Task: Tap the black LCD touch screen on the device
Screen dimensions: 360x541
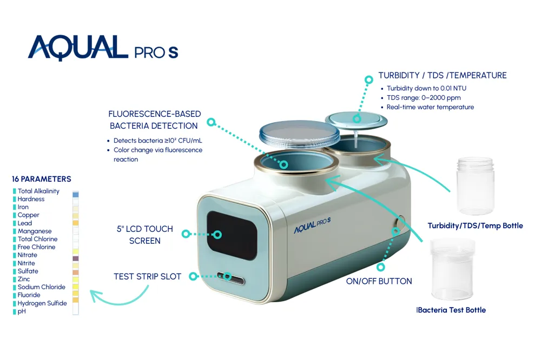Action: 232,235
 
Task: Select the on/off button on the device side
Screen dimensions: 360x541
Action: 399,223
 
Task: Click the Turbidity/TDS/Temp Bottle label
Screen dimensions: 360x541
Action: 475,226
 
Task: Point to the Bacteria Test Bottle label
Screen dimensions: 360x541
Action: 451,310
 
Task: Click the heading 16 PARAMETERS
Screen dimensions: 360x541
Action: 42,179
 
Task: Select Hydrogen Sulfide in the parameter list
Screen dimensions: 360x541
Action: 42,303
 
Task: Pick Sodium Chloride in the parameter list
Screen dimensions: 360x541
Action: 41,287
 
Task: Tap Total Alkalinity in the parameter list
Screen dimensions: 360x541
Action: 38,191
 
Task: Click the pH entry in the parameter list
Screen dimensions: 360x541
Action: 22,311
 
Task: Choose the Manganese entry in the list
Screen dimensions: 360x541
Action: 35,231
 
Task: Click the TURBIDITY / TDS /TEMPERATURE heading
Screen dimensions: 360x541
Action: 442,76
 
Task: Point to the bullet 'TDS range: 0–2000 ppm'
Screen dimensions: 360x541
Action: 424,98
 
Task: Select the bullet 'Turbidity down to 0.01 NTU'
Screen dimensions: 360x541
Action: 426,89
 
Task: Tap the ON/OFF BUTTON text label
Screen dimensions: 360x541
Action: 379,281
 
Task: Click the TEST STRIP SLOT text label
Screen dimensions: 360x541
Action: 147,277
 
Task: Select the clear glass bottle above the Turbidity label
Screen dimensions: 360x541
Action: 476,186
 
